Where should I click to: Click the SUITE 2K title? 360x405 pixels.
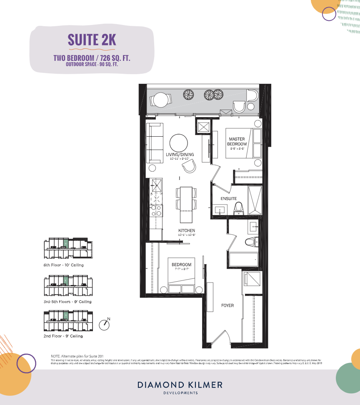point(92,40)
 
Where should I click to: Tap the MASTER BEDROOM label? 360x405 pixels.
point(236,141)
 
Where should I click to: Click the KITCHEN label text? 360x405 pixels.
point(187,230)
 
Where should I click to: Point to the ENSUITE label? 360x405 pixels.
point(228,199)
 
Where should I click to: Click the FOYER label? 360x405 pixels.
point(227,305)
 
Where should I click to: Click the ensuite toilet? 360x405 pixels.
point(238,207)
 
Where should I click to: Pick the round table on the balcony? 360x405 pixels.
point(160,100)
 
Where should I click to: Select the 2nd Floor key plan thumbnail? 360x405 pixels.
point(68,321)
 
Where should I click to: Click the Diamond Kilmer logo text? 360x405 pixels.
point(180,385)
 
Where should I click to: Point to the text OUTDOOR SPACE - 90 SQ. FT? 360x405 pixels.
point(92,64)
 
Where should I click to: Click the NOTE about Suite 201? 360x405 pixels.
point(80,356)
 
